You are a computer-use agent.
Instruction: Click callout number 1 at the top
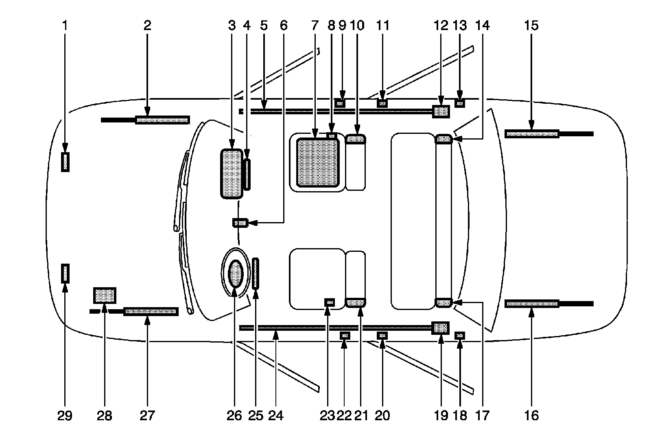65,26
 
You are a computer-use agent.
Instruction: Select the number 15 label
531,26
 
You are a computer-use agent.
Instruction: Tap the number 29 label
65,415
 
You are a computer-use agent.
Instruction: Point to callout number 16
531,415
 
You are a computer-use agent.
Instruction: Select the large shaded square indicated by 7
317,162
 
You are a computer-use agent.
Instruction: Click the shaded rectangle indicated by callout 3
231,174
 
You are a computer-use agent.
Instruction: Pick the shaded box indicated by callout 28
105,295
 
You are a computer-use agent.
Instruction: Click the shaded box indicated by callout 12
441,111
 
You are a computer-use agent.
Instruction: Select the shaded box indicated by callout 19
441,327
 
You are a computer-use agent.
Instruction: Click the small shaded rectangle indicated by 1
65,162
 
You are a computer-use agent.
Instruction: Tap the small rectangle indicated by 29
65,273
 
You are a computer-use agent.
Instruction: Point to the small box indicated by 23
329,302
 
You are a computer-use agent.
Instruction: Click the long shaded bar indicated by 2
162,120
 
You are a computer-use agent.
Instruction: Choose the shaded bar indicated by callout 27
151,312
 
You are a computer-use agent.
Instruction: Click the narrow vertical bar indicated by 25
256,273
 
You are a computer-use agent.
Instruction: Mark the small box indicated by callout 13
460,103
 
